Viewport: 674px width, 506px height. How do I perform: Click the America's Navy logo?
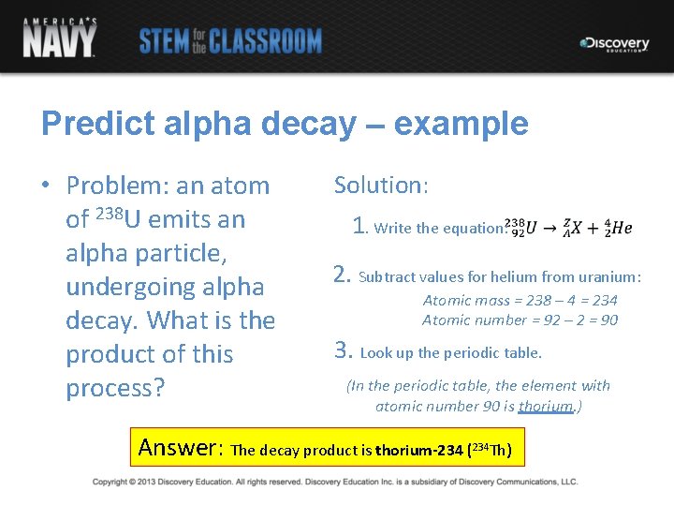coord(59,37)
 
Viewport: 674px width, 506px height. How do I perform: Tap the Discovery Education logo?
coord(614,44)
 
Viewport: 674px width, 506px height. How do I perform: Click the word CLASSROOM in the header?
coord(265,41)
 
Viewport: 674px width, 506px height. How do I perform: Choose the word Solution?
coord(379,185)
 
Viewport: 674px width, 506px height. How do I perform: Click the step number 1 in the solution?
coord(359,226)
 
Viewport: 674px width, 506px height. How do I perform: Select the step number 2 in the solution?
coord(342,275)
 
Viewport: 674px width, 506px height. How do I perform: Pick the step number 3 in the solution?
coord(343,350)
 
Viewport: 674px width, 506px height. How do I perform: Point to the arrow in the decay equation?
coord(550,227)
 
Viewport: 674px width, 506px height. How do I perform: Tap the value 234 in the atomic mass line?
coord(605,300)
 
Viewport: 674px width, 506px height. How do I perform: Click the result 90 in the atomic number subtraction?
coord(608,320)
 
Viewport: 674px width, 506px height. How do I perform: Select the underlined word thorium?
coord(545,406)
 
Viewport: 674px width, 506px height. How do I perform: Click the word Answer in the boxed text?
coord(179,447)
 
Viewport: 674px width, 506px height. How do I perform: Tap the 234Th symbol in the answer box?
coord(491,449)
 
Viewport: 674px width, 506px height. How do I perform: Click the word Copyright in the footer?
coord(110,482)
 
